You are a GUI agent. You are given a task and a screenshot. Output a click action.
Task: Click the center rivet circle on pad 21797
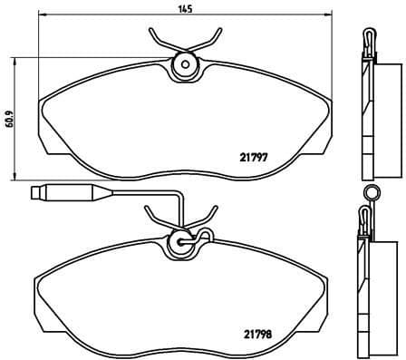[185, 64]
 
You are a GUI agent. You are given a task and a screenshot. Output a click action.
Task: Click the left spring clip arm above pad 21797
[159, 41]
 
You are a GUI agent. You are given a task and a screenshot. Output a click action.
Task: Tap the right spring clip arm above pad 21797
[212, 41]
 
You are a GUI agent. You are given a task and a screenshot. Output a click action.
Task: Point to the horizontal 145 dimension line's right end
[328, 16]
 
